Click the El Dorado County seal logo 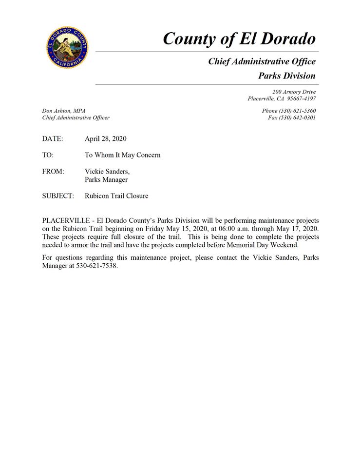tap(67, 47)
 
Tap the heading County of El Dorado tap(239, 39)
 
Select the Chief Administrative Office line tap(262, 61)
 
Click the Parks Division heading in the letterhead tap(286, 76)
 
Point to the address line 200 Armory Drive tap(294, 92)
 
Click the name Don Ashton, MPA tap(64, 111)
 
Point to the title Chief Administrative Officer tap(76, 117)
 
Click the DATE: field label tap(53, 139)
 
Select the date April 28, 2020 tap(105, 139)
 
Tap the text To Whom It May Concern tap(122, 155)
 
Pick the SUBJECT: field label tap(58, 196)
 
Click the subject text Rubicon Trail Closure tap(116, 196)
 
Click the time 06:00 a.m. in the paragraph tap(237, 229)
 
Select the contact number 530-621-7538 tap(97, 266)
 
